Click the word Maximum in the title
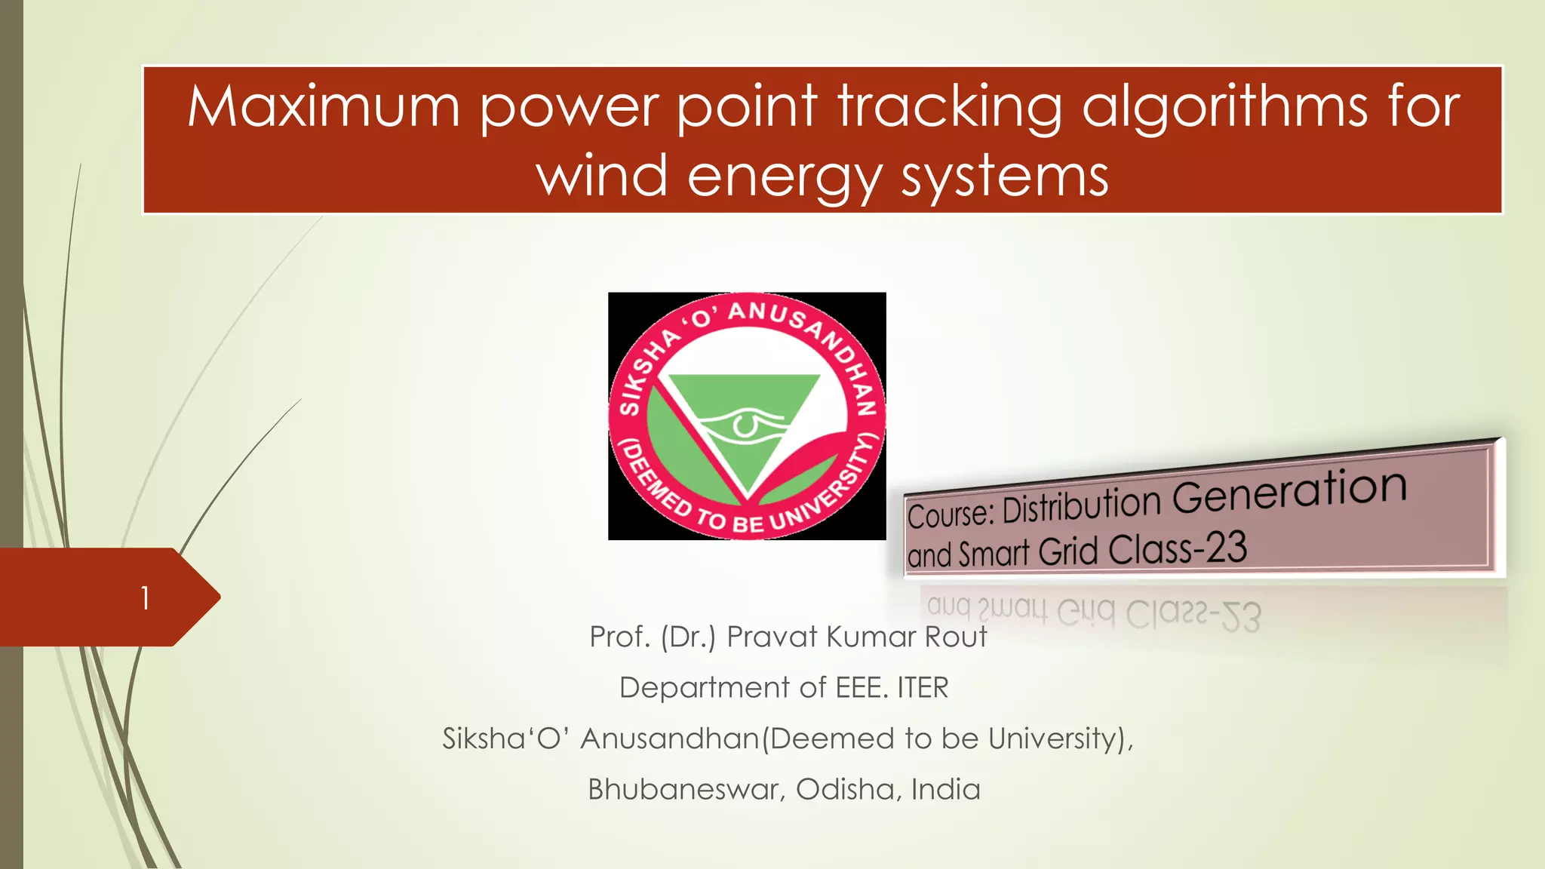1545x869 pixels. tap(324, 106)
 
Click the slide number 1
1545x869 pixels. tap(145, 598)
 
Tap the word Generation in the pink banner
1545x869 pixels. tap(1290, 490)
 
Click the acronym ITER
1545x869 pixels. tap(923, 688)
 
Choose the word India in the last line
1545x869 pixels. tap(945, 789)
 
